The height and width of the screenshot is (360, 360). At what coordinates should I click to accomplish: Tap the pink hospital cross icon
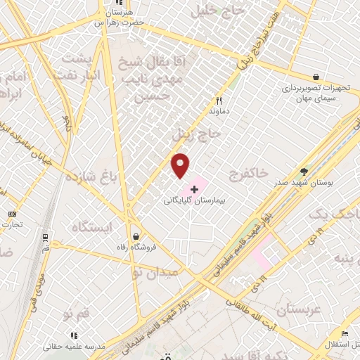click(194, 190)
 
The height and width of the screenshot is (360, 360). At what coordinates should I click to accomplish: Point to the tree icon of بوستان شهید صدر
click(304, 171)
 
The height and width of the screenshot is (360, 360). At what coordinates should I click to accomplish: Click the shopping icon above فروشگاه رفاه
click(136, 237)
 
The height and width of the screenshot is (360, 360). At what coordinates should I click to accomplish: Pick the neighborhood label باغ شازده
click(91, 176)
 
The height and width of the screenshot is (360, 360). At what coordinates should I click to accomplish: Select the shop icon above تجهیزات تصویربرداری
click(316, 77)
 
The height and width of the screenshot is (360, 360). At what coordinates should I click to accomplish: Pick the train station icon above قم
click(46, 238)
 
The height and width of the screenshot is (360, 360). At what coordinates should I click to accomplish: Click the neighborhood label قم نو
click(76, 311)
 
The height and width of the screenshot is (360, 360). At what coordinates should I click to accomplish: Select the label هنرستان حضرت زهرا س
click(119, 18)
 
